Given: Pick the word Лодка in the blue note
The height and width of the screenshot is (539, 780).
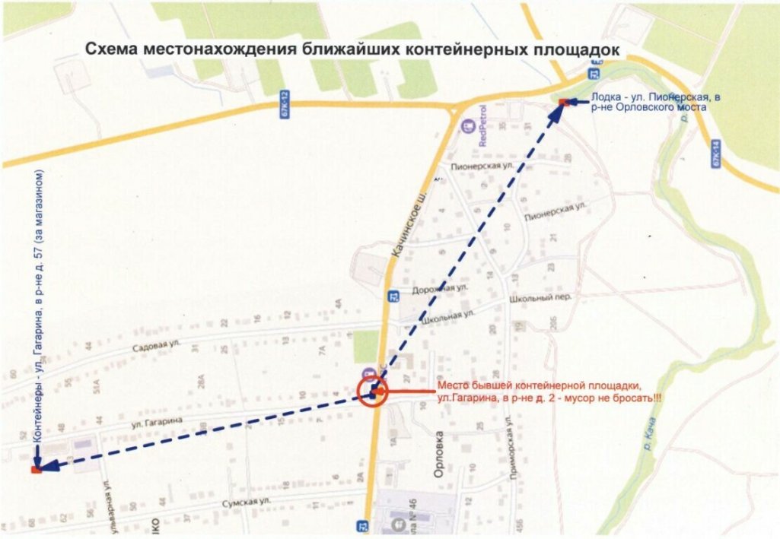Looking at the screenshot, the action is point(606,97).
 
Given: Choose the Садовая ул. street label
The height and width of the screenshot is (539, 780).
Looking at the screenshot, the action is point(155,345).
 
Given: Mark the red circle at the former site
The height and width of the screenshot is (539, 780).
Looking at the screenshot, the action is point(373,392).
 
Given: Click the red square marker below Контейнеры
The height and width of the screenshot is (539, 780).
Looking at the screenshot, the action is point(35,470).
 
